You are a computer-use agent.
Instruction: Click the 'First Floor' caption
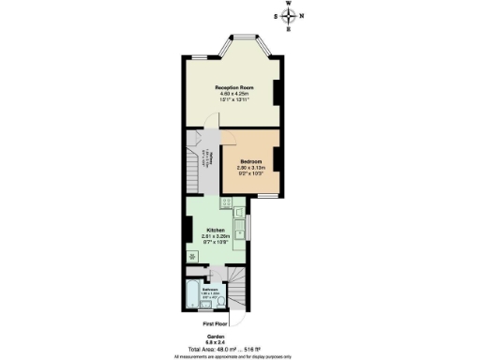pyautogui.click(x=217, y=322)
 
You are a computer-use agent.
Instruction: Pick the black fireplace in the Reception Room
pyautogui.click(x=277, y=91)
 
